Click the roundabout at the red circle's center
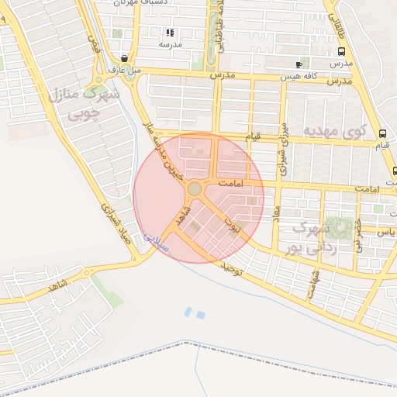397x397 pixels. [x=195, y=188]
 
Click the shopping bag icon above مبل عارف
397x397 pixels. [x=125, y=58]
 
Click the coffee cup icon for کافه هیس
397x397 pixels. [x=299, y=64]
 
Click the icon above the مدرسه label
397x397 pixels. [x=170, y=33]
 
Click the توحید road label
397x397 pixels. [x=233, y=269]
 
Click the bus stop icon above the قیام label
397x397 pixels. [x=382, y=133]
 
